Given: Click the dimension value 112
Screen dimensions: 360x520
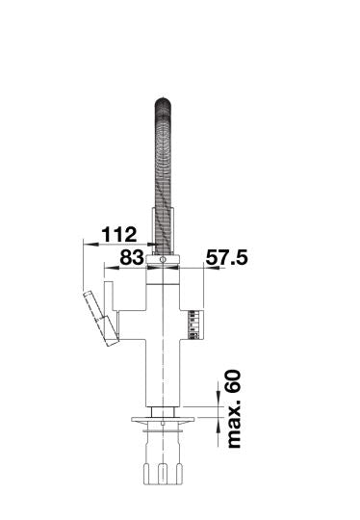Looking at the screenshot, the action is tap(119, 234).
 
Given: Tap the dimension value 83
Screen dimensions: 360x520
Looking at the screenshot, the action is tap(132, 257).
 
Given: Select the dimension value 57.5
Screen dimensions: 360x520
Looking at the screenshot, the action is tap(227, 257).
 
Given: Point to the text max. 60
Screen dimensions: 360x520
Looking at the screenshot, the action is tap(234, 409).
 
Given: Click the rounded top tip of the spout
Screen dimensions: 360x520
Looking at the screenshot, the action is tap(163, 100).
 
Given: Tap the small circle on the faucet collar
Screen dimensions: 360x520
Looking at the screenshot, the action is tap(163, 259).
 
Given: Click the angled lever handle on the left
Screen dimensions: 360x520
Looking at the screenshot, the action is tap(101, 318).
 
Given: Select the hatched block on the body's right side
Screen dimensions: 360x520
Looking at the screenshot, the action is tap(193, 325).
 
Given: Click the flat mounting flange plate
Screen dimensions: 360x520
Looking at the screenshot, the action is tap(163, 420).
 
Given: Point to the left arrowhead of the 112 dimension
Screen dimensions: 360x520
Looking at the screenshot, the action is tap(90, 244).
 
